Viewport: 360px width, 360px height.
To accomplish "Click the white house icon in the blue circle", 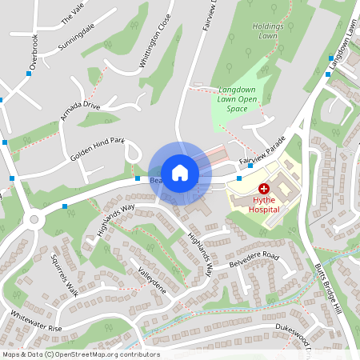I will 180,172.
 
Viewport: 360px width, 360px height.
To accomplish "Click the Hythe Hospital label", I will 263,202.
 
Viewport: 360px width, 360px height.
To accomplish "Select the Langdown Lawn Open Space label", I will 238,99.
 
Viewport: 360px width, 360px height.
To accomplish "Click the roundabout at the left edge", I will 34,218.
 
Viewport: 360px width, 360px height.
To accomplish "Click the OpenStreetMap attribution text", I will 80,354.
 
